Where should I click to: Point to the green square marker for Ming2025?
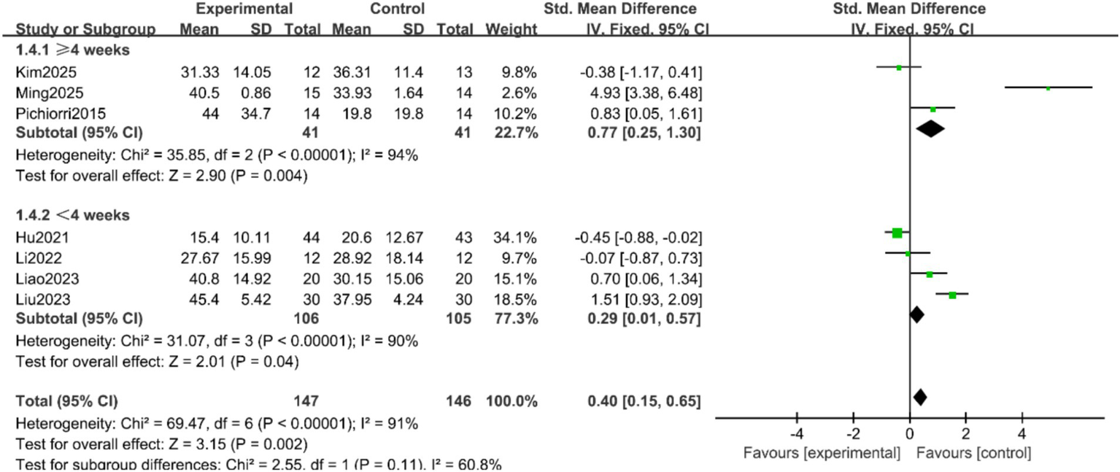(x=1048, y=88)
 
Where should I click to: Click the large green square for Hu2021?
(x=897, y=233)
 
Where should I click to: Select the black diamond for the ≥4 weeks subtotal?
(x=930, y=129)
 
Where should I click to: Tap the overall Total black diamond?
(x=919, y=398)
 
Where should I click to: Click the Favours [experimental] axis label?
(x=821, y=453)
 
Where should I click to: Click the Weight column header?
(x=515, y=30)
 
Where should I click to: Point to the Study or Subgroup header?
(x=85, y=30)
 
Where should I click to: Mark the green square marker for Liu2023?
(x=952, y=295)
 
